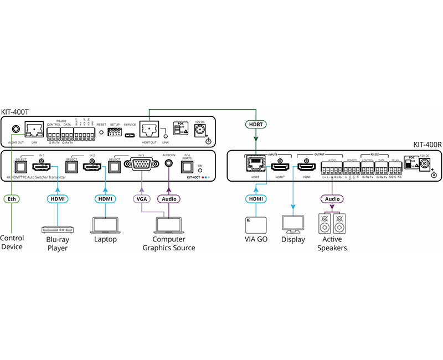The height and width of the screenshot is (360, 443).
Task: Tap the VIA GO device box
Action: point(254,225)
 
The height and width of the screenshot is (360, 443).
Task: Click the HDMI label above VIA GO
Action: point(254,198)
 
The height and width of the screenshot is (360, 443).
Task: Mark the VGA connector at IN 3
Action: point(142,165)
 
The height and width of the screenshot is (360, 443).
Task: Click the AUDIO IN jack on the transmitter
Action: point(169,164)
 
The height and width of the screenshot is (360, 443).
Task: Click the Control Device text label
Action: point(12,243)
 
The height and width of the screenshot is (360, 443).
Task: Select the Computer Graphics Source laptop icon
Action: point(169,225)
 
